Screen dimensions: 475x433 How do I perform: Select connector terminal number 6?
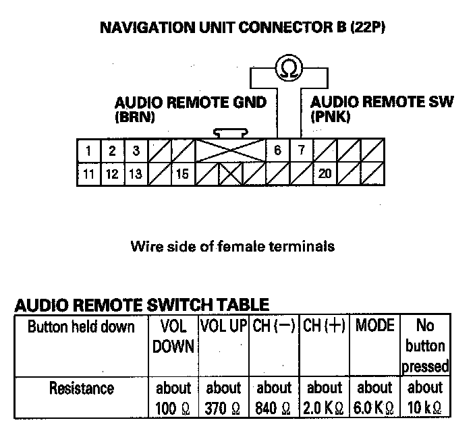click(x=277, y=150)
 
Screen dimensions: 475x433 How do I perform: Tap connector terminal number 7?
click(x=301, y=150)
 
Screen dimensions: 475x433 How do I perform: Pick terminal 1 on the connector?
click(x=89, y=150)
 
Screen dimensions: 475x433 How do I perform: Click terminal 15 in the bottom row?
click(x=182, y=174)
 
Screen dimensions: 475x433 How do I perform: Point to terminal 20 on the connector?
click(x=325, y=174)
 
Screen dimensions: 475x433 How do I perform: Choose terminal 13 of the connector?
click(x=136, y=174)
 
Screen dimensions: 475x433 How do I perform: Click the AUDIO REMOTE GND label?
click(x=190, y=103)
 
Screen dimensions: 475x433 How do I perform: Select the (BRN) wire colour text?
click(x=135, y=117)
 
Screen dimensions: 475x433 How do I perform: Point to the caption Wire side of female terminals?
click(x=232, y=246)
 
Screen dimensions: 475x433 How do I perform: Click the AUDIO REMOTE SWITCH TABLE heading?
click(x=142, y=305)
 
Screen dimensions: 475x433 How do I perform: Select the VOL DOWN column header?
click(x=173, y=336)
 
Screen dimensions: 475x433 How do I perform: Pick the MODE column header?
click(x=374, y=326)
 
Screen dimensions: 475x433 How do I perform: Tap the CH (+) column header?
click(x=325, y=326)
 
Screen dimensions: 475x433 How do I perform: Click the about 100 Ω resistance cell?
click(x=173, y=398)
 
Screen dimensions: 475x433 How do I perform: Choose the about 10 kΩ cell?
click(x=424, y=398)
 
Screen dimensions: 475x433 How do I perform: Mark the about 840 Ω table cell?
click(x=274, y=398)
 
